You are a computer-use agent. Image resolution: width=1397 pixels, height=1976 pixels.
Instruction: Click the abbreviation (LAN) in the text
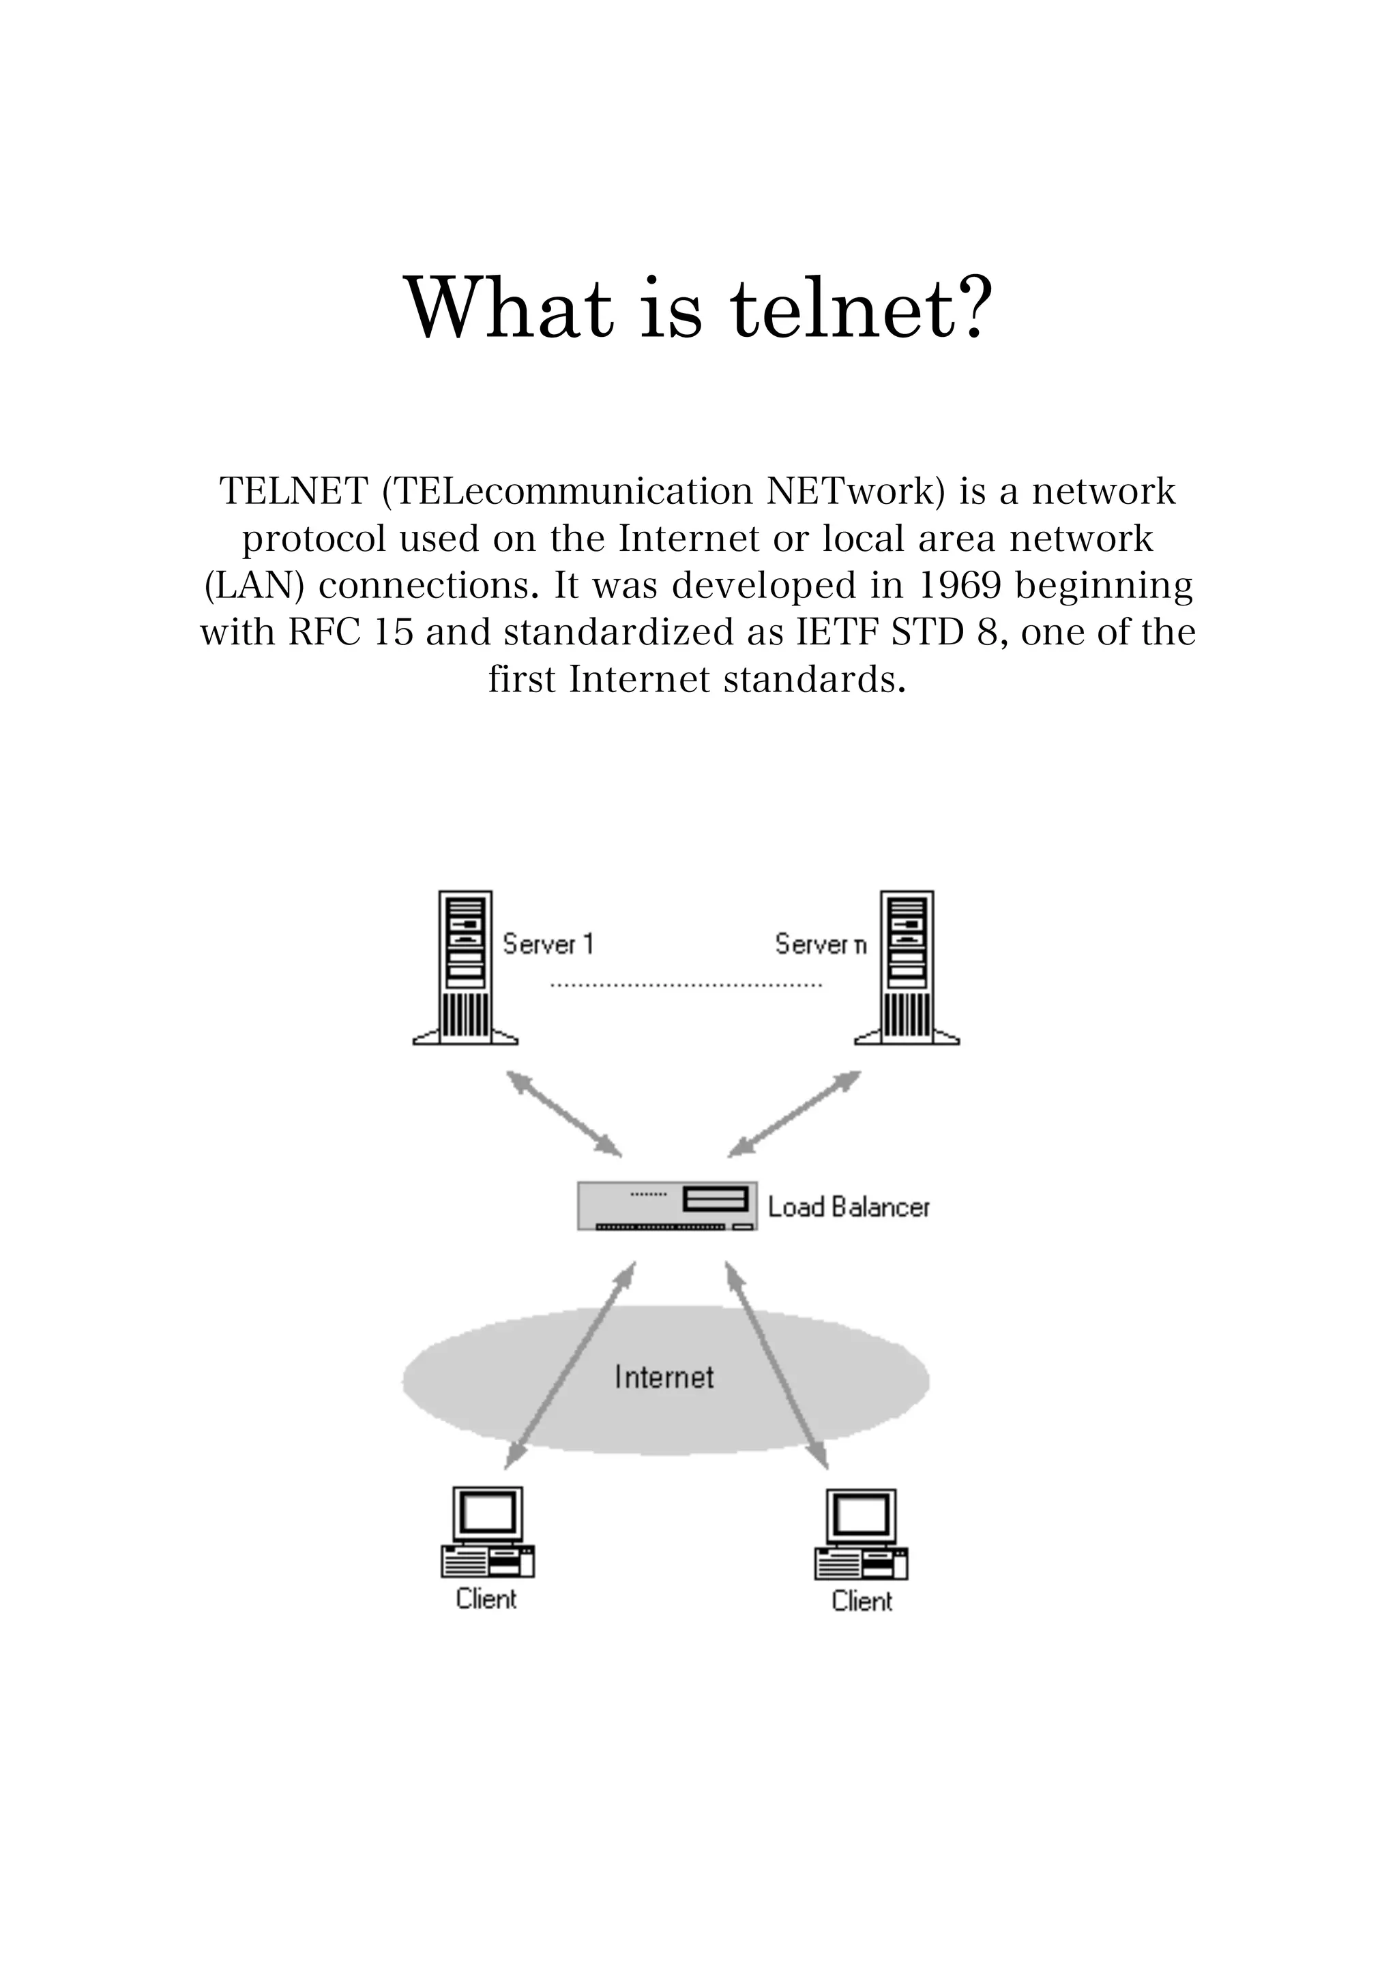[x=255, y=586]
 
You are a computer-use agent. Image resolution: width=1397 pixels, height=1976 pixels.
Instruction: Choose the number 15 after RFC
[x=394, y=633]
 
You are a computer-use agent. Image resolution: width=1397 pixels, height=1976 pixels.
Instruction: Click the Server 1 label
[x=548, y=944]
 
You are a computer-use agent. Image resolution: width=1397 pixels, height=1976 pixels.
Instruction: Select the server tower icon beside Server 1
[x=466, y=968]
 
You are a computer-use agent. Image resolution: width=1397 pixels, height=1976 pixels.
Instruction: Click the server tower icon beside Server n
[x=907, y=968]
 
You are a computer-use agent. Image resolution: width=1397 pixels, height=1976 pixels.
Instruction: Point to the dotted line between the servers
[x=686, y=985]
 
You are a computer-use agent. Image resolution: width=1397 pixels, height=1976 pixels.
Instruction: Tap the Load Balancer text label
[x=849, y=1208]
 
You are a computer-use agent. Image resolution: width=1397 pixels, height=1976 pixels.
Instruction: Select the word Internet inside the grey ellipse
[x=664, y=1377]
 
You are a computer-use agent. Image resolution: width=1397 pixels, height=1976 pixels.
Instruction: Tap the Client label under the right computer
[x=862, y=1602]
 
